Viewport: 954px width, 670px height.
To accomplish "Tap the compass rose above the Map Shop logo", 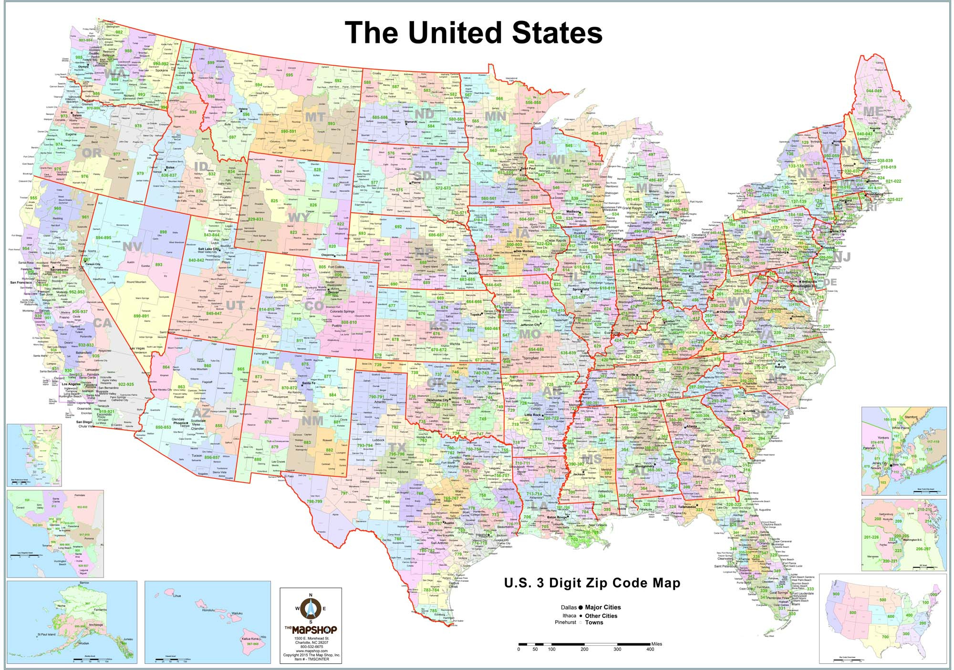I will pos(311,608).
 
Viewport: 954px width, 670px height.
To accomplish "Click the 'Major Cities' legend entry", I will pos(602,607).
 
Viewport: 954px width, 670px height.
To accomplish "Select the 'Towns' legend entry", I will pos(594,622).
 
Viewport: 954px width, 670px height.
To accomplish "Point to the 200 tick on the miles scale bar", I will pos(584,649).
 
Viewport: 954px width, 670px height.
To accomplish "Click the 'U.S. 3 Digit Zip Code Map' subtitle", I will pos(592,583).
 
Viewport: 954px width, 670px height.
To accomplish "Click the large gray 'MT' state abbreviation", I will pos(315,117).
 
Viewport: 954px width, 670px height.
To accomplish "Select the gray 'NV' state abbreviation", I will pos(132,247).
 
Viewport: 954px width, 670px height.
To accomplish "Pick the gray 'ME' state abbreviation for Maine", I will pos(873,111).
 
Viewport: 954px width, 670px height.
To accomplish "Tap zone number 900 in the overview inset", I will pos(836,594).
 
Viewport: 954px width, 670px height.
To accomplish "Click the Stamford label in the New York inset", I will pos(911,417).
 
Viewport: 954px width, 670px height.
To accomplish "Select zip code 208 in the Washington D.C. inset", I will pos(878,519).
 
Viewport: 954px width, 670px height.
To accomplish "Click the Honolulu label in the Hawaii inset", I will pos(208,610).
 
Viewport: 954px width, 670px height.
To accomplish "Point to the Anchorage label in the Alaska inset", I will pos(96,625).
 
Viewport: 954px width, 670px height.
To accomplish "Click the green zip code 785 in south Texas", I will pos(433,610).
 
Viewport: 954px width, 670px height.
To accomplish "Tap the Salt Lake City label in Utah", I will pos(209,249).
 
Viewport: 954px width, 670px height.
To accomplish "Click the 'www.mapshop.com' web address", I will pos(311,651).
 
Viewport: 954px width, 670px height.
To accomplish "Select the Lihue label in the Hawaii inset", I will pos(177,596).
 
